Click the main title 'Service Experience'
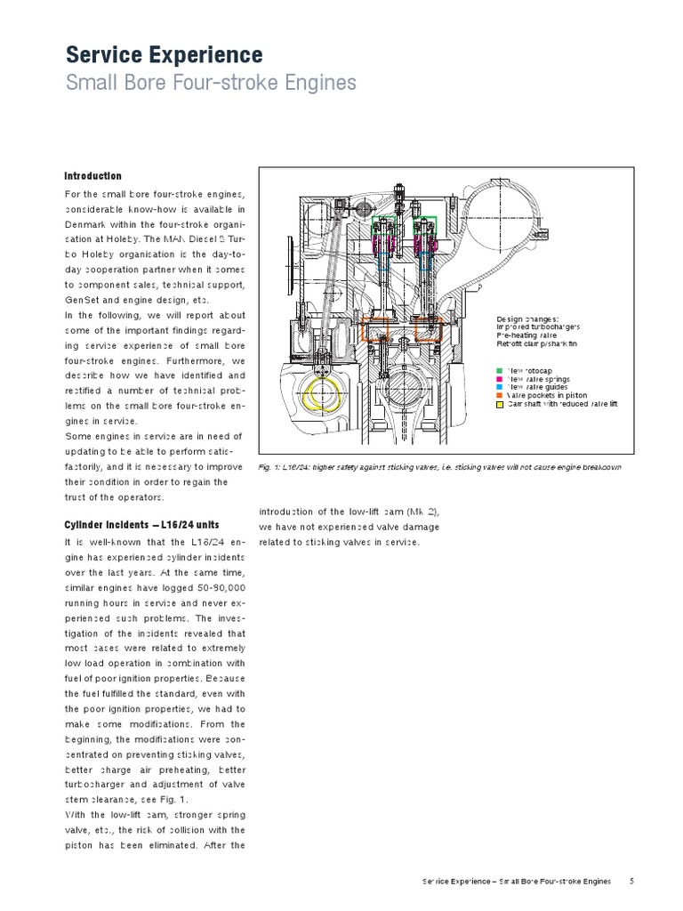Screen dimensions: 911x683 (164, 55)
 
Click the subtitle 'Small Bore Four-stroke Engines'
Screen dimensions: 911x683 (211, 84)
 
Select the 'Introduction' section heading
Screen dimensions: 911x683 (92, 176)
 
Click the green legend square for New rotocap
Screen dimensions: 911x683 (500, 369)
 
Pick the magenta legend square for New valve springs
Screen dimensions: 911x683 (500, 379)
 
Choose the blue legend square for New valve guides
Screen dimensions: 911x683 (500, 387)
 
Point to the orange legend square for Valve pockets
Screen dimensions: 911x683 (500, 396)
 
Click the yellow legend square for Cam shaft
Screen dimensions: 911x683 (500, 405)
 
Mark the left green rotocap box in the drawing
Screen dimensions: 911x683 (388, 224)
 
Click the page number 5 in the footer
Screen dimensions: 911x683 (631, 881)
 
